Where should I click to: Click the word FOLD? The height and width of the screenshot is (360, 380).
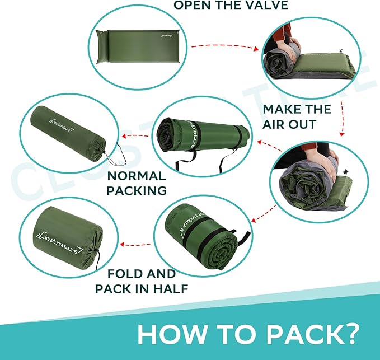pos(120,274)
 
